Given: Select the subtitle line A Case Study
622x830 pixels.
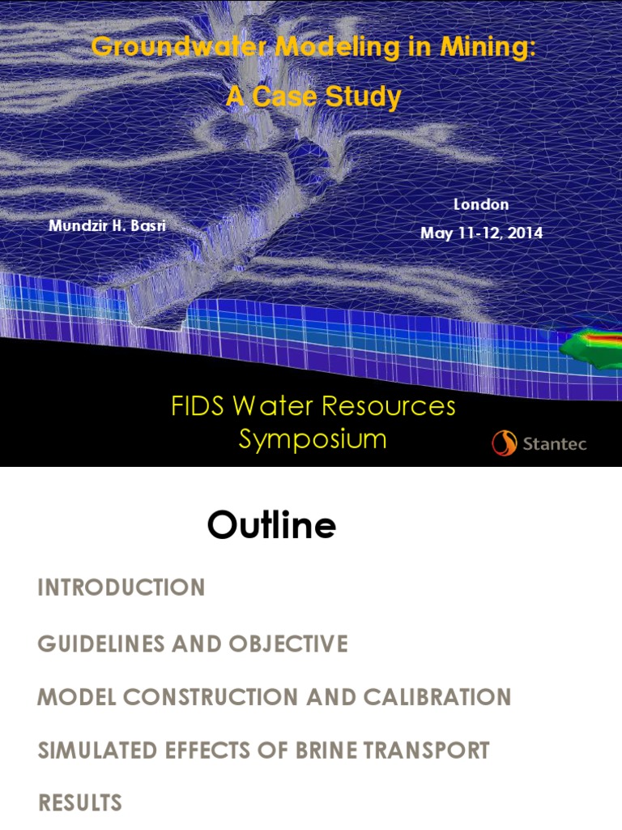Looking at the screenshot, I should tap(313, 97).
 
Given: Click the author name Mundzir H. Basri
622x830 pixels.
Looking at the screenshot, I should tap(107, 225).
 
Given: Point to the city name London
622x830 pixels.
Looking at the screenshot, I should tap(481, 204).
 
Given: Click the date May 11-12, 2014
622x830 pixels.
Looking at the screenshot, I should tap(481, 233).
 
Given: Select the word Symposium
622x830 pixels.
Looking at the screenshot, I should tap(313, 439).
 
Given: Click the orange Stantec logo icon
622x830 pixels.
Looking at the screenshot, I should tap(504, 443).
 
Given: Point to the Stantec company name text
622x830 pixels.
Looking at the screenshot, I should tap(555, 444).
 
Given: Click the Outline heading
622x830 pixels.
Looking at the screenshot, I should tap(271, 526).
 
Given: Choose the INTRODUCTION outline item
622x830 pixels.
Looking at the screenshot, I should tap(121, 588).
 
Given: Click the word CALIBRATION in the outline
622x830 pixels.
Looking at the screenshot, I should tap(437, 697).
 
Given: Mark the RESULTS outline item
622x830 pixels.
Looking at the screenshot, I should tap(80, 803).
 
